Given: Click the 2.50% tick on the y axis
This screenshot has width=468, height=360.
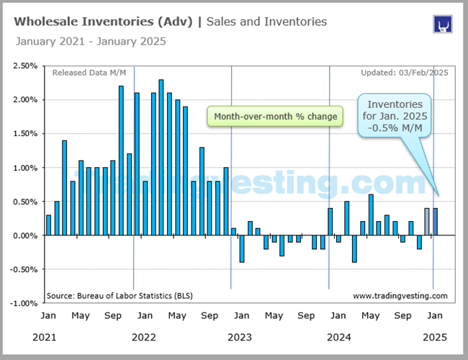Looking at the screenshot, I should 26,66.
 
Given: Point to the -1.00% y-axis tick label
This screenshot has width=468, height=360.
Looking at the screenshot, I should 25,303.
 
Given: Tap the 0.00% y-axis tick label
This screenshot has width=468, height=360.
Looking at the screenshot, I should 26,235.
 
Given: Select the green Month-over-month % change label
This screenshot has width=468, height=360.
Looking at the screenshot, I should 276,117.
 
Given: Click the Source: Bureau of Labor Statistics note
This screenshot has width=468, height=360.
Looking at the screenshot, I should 120,295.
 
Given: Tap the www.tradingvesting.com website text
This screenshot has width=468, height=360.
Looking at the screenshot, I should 400,295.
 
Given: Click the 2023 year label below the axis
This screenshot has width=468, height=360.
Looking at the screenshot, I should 239,337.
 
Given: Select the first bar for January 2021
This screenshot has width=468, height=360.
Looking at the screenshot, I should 48,225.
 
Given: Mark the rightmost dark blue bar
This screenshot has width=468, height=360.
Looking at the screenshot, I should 436,222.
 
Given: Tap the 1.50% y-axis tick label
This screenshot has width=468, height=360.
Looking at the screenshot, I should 26,134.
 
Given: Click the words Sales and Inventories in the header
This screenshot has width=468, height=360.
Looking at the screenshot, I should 266,22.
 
